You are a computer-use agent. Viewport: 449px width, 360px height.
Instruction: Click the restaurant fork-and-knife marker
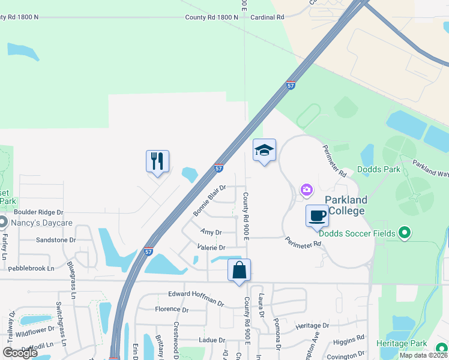click(157, 161)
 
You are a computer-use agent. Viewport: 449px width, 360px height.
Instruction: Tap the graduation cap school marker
click(264, 151)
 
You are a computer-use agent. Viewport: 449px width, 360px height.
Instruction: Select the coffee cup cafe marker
click(317, 215)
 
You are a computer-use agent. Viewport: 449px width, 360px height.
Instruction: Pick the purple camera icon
click(307, 190)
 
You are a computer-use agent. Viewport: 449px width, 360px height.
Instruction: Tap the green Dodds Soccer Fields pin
click(405, 233)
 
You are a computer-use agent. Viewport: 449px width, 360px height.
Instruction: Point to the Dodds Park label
click(379, 170)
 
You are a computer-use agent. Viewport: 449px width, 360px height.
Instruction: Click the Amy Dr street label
click(211, 232)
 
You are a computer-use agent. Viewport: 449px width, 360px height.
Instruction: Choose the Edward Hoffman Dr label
click(196, 294)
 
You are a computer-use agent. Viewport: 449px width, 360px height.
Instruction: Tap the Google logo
click(20, 353)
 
